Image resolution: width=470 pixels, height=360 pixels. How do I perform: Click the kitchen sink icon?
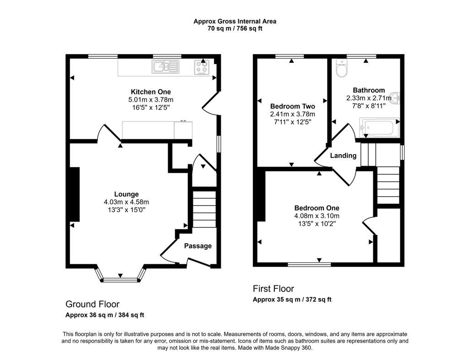[x=165, y=67]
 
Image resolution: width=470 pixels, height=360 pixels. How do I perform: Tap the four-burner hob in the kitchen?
[x=202, y=67]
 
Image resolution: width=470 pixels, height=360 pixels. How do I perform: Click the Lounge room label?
[x=126, y=194]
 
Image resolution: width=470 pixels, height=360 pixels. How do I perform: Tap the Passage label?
[x=198, y=246]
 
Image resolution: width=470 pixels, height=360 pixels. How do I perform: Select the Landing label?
[x=344, y=156]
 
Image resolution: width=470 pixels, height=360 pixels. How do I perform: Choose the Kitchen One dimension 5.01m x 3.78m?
[x=144, y=100]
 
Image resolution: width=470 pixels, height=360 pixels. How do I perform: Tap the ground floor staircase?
[x=203, y=208]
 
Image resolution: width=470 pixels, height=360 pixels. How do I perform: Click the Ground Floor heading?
[x=93, y=304]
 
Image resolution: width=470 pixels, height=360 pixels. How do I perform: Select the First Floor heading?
[x=273, y=289]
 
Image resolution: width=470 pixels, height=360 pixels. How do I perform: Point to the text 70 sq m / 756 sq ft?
[x=235, y=28]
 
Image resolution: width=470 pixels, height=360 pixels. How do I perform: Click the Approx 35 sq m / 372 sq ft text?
[x=292, y=300]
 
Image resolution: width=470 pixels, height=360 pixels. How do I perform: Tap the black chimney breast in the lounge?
[x=74, y=194]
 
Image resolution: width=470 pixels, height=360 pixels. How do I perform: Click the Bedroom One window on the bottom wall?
[x=309, y=264]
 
